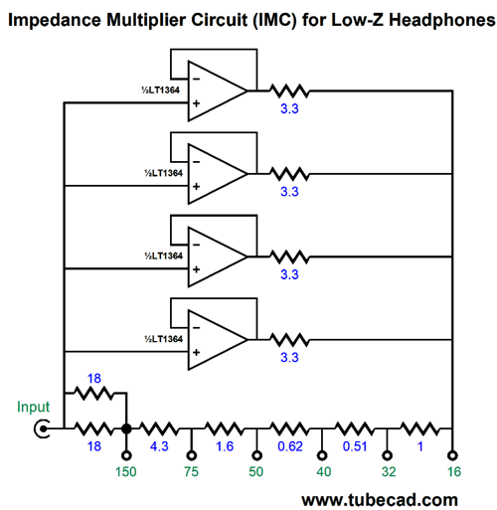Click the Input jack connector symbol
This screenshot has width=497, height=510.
(x=43, y=428)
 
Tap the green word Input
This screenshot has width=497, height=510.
(x=33, y=407)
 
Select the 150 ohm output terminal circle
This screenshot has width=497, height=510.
(x=126, y=455)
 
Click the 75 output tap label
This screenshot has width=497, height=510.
(x=191, y=471)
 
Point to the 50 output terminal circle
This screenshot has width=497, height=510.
(x=256, y=455)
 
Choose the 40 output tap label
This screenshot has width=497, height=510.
(x=323, y=471)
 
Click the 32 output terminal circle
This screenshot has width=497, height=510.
(x=387, y=455)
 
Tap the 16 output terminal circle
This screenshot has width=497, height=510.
(x=452, y=455)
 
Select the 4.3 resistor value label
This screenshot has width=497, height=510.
(x=159, y=446)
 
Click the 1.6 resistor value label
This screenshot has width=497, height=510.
(x=225, y=446)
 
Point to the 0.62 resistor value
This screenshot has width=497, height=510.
(x=290, y=446)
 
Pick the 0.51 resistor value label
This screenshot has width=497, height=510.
(x=355, y=446)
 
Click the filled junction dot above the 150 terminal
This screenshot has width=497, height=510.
(x=126, y=428)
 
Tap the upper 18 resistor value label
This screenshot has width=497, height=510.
(x=94, y=379)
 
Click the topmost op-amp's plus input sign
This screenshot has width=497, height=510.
(x=196, y=103)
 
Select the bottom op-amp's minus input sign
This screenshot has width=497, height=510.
(x=196, y=328)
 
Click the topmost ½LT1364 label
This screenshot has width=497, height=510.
(x=160, y=89)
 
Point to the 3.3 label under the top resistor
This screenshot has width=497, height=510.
(x=289, y=108)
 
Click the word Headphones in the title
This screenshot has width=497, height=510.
(x=441, y=20)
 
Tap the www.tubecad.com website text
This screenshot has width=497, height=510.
(x=380, y=500)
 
